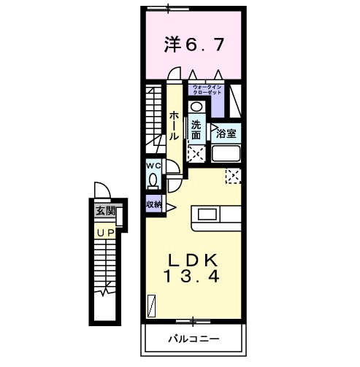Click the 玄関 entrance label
click(104, 212)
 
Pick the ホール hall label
click(175, 125)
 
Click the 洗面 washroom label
click(196, 129)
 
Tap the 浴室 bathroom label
click(226, 134)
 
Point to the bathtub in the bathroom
click(226, 155)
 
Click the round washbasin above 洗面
click(195, 107)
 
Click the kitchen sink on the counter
click(207, 215)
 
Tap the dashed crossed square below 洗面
click(196, 153)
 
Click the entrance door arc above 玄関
click(104, 191)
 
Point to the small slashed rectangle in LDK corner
click(153, 304)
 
